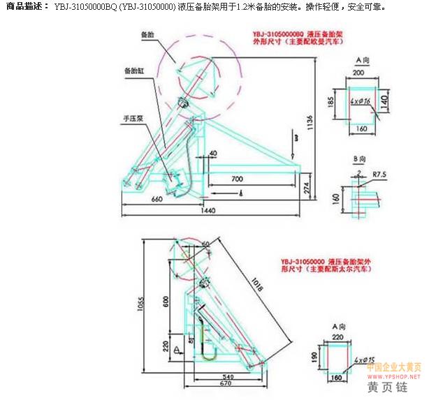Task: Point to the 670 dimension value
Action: (x=224, y=383)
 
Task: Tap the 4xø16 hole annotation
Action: (x=361, y=101)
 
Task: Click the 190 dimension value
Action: (x=316, y=358)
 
